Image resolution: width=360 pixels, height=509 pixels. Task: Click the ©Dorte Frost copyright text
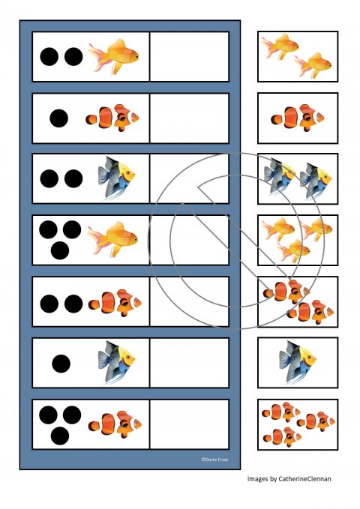click(214, 460)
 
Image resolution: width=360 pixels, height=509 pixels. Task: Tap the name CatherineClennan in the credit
click(304, 479)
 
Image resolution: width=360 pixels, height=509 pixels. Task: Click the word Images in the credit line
click(257, 479)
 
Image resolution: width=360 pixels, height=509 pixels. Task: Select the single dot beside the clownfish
click(58, 118)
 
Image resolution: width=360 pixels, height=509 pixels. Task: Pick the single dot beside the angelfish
click(61, 364)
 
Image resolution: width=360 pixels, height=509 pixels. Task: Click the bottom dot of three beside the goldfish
click(60, 250)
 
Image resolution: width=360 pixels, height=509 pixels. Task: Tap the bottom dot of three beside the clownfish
click(60, 436)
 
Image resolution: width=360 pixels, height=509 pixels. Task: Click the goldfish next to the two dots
click(114, 56)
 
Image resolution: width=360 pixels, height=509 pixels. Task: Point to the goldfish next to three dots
click(112, 240)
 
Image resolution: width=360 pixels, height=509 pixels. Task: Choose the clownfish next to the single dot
click(112, 118)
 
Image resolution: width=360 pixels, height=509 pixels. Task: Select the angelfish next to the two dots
click(116, 178)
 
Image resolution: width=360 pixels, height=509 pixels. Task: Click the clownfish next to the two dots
click(115, 303)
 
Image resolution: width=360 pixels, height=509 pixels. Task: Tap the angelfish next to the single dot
click(116, 362)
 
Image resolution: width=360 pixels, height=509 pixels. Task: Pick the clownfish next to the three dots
click(115, 424)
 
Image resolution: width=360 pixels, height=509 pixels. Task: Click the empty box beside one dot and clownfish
click(190, 118)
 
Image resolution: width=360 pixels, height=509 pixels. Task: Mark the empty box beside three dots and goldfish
click(190, 240)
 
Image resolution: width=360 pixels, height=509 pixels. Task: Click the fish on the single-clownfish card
click(298, 118)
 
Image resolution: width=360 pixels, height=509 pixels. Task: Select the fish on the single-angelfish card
click(297, 362)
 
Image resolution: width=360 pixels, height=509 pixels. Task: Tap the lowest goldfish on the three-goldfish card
click(293, 250)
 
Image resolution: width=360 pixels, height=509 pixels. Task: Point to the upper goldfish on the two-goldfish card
click(280, 46)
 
